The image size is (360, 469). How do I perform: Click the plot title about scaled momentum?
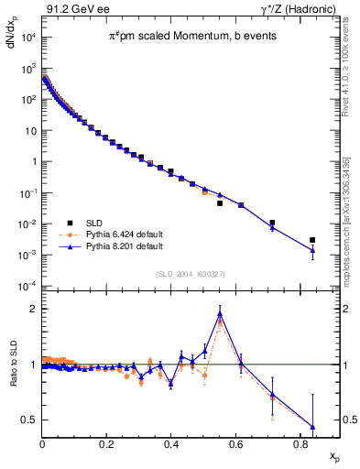pyautogui.click(x=177, y=36)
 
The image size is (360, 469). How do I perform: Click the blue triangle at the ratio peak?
pyautogui.click(x=220, y=314)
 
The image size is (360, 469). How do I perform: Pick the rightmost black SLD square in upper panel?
pyautogui.click(x=312, y=240)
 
